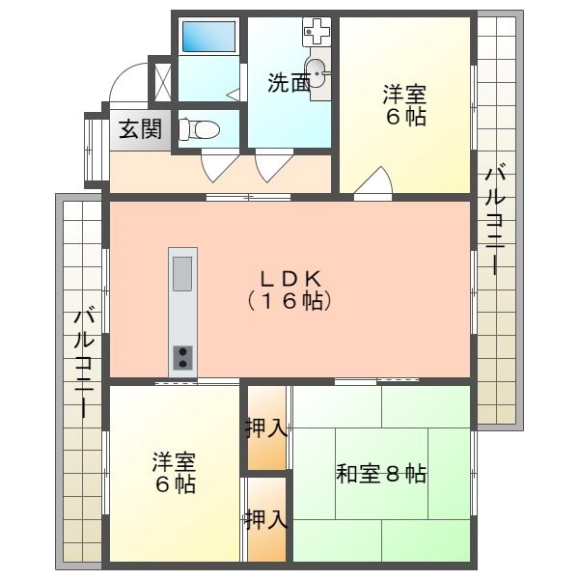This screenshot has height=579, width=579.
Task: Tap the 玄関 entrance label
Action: pyautogui.click(x=140, y=128)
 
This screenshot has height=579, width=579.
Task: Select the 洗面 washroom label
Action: pyautogui.click(x=289, y=83)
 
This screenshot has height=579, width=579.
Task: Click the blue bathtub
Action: pyautogui.click(x=209, y=37)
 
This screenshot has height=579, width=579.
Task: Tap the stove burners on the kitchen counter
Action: pyautogui.click(x=181, y=358)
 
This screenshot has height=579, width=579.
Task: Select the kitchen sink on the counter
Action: pyautogui.click(x=181, y=273)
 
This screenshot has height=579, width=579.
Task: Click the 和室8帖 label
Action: pyautogui.click(x=381, y=474)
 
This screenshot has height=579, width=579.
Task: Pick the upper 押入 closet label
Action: pyautogui.click(x=267, y=428)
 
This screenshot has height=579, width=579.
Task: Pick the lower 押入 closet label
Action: pyautogui.click(x=267, y=519)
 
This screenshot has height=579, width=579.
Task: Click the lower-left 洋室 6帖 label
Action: pyautogui.click(x=174, y=472)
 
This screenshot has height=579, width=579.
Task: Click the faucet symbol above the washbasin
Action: pyautogui.click(x=317, y=33)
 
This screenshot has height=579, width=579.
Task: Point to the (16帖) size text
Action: pyautogui.click(x=289, y=300)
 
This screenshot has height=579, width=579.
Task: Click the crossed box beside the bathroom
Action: pyautogui.click(x=162, y=81)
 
